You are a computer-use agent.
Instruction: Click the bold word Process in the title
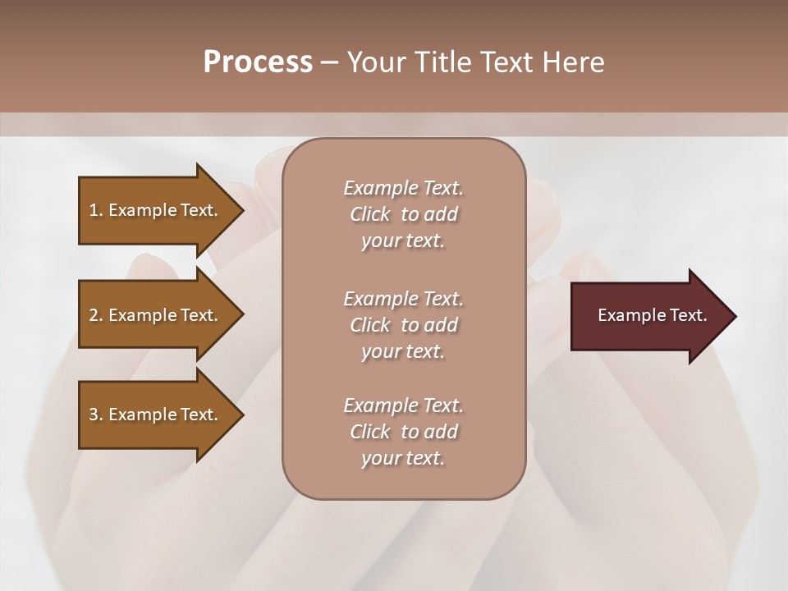tap(258, 62)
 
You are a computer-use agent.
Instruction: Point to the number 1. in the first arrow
tap(96, 210)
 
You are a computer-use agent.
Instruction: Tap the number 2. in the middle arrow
tap(96, 315)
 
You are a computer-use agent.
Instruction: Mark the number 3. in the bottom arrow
tap(96, 415)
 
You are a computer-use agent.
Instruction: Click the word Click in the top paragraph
tap(370, 214)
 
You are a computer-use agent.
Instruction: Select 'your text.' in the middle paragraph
tap(403, 351)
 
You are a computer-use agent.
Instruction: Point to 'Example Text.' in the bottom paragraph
tap(403, 405)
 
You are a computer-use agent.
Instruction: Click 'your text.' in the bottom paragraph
tap(403, 458)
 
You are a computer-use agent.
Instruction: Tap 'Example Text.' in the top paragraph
tap(403, 188)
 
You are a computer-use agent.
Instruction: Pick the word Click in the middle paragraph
tap(370, 325)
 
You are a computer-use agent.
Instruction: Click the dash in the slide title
tap(329, 63)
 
